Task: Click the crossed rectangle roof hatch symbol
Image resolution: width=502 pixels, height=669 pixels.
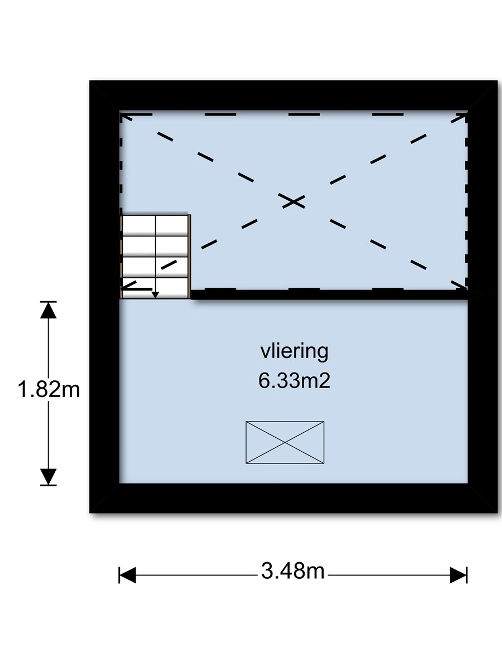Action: tap(285, 443)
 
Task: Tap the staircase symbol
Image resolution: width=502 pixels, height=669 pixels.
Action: tap(155, 257)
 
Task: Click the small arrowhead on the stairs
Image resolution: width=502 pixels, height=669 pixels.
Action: tap(155, 295)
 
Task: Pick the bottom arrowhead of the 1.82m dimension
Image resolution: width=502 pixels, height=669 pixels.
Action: tap(48, 477)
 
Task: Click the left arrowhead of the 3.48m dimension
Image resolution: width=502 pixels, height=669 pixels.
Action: tap(127, 575)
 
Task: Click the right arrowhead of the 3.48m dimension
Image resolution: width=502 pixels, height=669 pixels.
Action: tap(459, 575)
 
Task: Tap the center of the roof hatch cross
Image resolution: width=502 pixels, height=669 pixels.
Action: tap(285, 443)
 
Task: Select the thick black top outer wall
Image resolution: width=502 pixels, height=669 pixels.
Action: tap(294, 95)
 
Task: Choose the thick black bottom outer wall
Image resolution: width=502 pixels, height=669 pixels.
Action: tap(294, 498)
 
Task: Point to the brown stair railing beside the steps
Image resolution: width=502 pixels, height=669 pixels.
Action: tap(189, 257)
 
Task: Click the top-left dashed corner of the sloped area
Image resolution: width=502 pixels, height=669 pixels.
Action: tap(121, 114)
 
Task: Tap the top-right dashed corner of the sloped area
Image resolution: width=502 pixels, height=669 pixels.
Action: tap(466, 114)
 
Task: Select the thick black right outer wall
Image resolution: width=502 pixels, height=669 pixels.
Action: tap(483, 297)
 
